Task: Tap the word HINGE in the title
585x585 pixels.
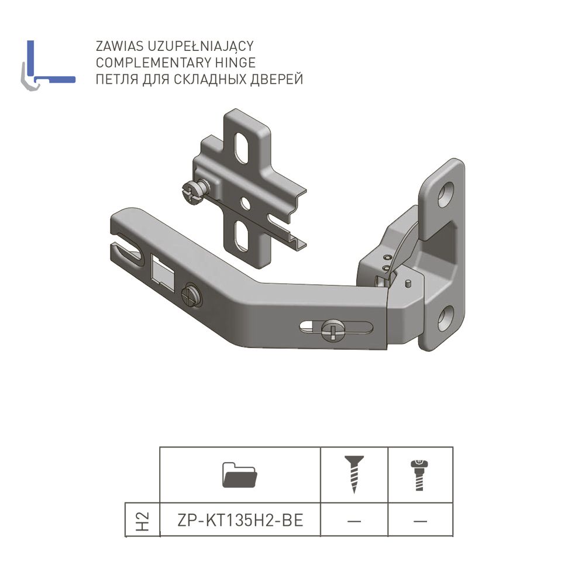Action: (235, 63)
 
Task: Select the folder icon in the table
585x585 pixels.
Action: (239, 474)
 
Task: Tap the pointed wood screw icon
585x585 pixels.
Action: (354, 474)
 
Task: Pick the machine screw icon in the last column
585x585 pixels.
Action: (419, 475)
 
